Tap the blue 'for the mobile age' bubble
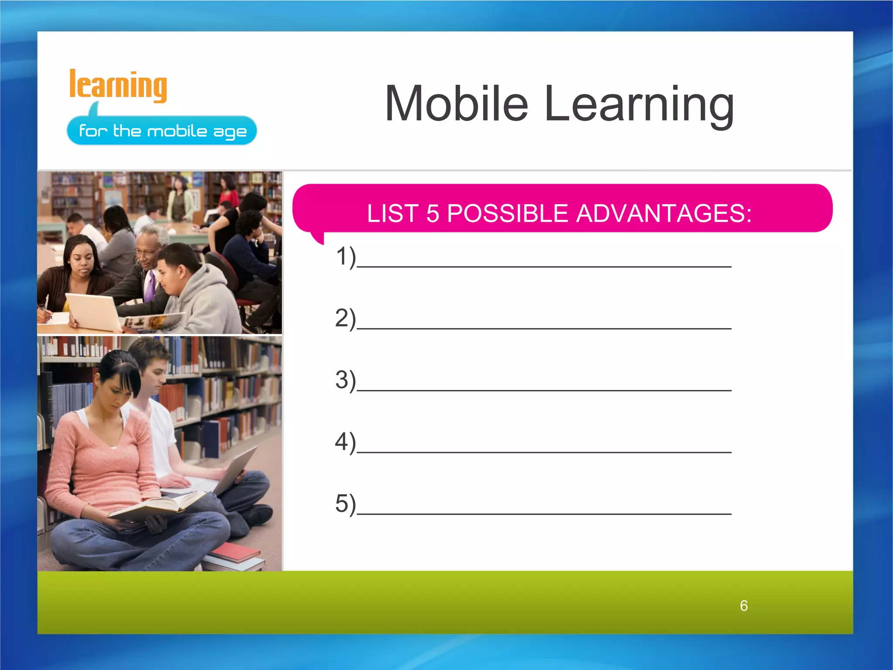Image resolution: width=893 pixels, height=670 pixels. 162,130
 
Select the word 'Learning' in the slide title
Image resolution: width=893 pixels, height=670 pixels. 639,105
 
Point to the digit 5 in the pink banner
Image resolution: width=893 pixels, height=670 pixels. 432,214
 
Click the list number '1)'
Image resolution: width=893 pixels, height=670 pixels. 345,256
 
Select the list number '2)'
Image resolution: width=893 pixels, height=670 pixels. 345,318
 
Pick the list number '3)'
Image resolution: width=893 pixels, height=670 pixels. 345,380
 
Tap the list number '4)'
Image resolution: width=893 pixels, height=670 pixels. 345,442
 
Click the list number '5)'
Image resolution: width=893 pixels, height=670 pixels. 345,504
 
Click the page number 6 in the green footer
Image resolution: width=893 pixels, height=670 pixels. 744,606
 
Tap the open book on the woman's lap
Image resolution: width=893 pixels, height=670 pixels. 157,506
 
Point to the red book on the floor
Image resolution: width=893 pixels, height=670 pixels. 235,552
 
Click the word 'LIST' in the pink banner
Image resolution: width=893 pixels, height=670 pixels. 392,214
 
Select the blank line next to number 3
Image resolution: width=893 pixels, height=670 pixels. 544,390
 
